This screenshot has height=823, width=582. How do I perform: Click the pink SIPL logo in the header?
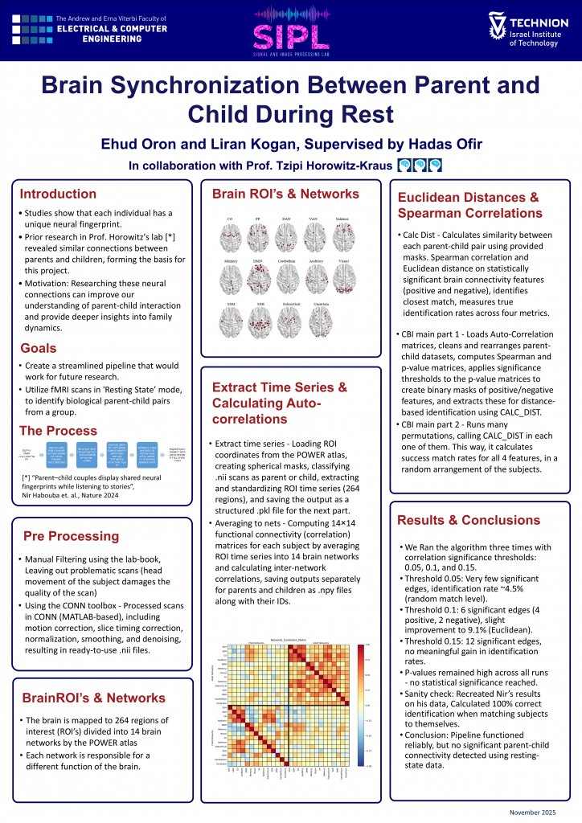291,31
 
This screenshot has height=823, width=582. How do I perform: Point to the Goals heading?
38,348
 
